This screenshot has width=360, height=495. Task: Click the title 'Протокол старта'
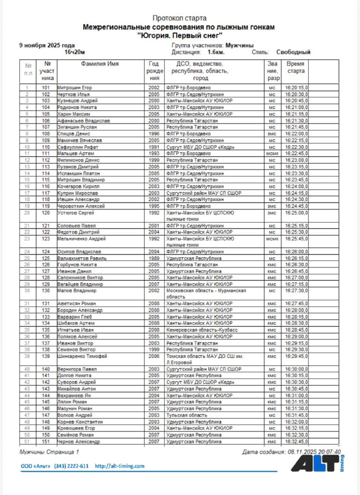point(179,18)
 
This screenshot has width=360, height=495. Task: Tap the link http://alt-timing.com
point(119,466)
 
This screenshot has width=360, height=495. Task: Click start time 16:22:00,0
point(297,134)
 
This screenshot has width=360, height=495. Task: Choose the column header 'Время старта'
point(296,68)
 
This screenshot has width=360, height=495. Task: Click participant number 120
point(46,213)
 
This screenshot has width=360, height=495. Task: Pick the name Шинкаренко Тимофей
point(82,356)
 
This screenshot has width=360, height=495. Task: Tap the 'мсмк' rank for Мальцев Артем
point(272,154)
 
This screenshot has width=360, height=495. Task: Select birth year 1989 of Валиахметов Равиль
point(154,258)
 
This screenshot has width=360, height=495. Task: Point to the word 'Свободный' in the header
point(293,52)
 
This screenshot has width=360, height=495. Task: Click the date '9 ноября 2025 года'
point(47,45)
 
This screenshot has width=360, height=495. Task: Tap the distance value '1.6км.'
point(216,52)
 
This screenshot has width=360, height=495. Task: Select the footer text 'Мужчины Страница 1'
point(49,452)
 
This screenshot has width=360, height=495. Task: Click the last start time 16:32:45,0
point(297,441)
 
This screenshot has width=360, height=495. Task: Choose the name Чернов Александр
point(79,441)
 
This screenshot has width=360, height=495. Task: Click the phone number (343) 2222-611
point(71,466)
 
